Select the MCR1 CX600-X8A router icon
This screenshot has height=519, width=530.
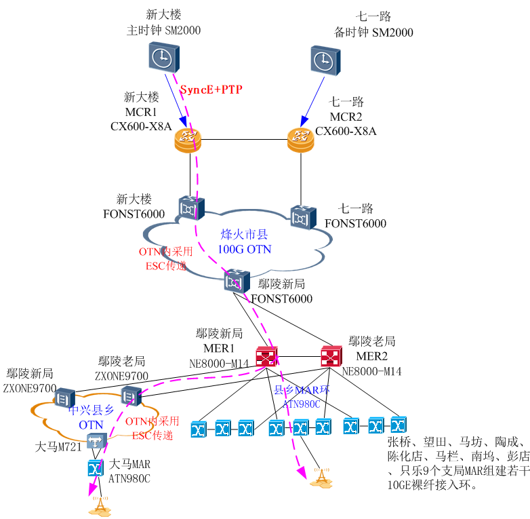click(188, 140)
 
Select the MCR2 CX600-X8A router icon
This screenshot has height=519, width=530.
click(300, 140)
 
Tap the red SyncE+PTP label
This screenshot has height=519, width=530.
click(211, 90)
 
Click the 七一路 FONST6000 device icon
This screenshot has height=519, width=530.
click(302, 217)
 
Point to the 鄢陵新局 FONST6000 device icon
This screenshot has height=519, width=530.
click(237, 280)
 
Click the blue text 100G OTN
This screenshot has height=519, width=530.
click(244, 250)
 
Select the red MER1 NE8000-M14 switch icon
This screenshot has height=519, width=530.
click(266, 356)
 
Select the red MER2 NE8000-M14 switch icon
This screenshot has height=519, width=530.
click(331, 356)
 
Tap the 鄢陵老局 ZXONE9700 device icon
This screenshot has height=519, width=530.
click(130, 395)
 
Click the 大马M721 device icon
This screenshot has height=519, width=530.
click(96, 442)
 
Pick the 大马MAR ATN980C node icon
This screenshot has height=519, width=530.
click(96, 468)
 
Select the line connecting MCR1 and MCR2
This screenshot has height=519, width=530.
click(244, 140)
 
